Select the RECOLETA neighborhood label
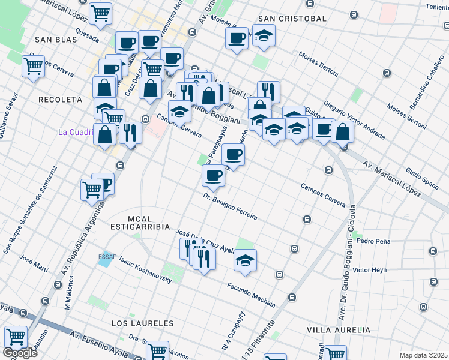59,99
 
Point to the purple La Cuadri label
76,132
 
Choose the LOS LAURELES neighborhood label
142,323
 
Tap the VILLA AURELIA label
339,330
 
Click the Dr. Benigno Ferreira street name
230,206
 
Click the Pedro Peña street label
373,241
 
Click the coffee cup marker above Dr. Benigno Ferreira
213,175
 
